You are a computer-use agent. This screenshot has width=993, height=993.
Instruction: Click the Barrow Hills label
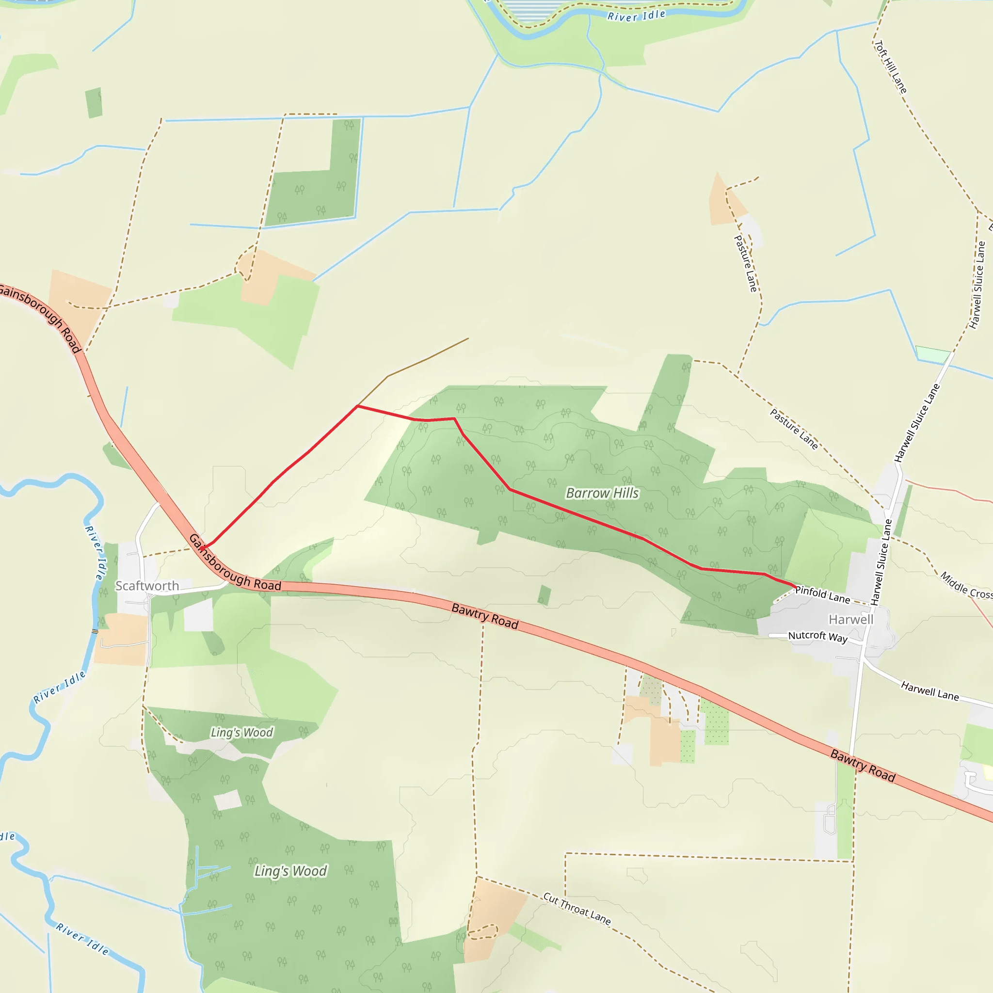pos(602,494)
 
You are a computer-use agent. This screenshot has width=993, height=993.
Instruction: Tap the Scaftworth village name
pos(147,586)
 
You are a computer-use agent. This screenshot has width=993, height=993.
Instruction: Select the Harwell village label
pos(850,619)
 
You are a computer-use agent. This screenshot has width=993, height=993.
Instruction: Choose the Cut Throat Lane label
pos(577,909)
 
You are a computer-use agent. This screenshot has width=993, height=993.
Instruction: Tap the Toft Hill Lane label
pos(891,67)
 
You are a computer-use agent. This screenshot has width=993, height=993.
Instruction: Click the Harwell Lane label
pos(930,691)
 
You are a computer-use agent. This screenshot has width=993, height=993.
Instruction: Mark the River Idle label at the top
pos(636,16)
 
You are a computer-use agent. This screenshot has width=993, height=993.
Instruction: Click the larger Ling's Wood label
pos(291,871)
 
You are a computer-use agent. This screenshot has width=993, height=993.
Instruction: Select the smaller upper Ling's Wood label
pos(241,733)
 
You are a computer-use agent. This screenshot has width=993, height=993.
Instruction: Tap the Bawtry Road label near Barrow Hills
pos(485,616)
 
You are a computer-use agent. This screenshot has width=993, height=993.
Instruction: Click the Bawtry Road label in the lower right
pos(863,766)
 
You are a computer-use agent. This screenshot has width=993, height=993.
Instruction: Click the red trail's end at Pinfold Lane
pos(796,587)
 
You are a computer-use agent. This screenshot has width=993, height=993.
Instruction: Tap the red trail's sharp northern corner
pos(358,406)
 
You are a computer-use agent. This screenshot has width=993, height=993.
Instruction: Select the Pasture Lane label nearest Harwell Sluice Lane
pos(794,429)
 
